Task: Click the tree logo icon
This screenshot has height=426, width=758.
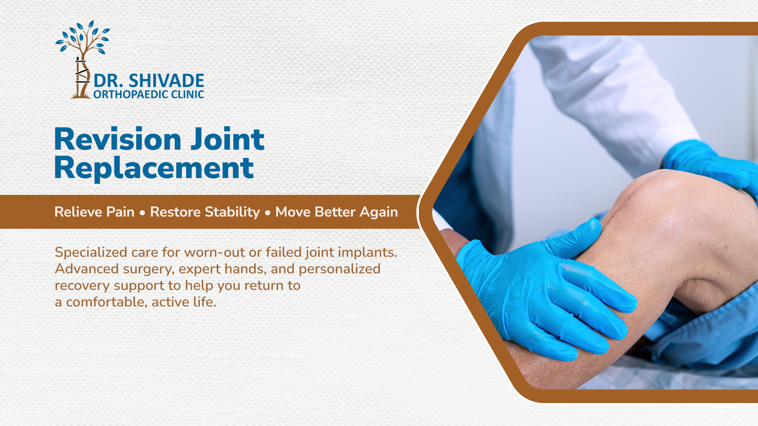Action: [x=83, y=59]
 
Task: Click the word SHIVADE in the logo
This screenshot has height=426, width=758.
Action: [x=166, y=81]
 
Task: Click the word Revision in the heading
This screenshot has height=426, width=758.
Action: [x=118, y=139]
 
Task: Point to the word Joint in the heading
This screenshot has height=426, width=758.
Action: [x=227, y=139]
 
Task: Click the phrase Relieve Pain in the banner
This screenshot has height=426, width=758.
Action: [x=94, y=212]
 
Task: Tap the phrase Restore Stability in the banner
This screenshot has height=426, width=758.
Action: [x=205, y=212]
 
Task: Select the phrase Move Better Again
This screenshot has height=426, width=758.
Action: [x=336, y=212]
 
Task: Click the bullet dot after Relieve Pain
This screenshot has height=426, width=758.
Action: [x=142, y=213]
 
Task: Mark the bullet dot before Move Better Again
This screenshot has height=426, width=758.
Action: [x=268, y=213]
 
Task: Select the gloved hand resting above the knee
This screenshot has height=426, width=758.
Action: [x=711, y=166]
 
